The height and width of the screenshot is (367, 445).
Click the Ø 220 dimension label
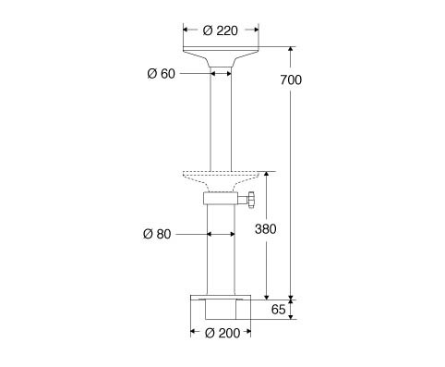221,31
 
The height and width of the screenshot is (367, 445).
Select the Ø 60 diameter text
162,74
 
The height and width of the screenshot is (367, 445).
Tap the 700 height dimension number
291,80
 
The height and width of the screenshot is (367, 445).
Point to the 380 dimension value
266,229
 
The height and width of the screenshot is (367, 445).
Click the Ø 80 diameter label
157,234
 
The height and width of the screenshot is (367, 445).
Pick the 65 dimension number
279,310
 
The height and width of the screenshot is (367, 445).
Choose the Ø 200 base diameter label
222,333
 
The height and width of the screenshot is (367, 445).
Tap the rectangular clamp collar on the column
221,199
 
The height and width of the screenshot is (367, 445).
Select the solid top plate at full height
221,56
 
